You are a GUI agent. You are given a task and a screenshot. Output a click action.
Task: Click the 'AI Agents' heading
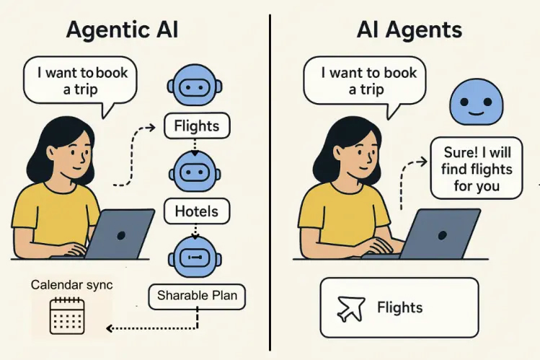click(x=409, y=30)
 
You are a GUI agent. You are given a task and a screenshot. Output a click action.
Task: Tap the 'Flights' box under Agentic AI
click(x=196, y=126)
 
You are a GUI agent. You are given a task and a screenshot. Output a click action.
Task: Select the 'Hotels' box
click(x=196, y=211)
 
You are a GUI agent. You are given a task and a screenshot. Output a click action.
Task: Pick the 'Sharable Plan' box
click(x=197, y=294)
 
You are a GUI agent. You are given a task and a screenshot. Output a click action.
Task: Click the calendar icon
click(x=67, y=315)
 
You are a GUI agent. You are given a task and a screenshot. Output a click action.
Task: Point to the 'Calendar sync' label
click(x=71, y=285)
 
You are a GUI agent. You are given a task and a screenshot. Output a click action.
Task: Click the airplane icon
click(x=352, y=308)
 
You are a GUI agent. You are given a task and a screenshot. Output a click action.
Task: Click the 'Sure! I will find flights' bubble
click(x=477, y=169)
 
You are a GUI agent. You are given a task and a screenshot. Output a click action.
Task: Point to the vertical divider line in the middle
click(x=270, y=180)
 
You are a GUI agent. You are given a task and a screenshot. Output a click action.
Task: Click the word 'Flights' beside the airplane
click(x=400, y=308)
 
